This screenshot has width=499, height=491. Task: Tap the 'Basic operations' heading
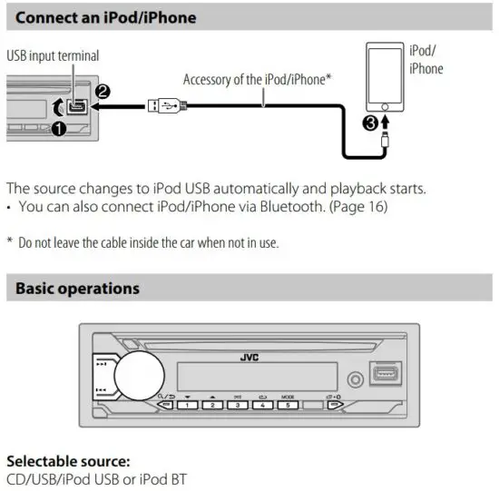coord(78,289)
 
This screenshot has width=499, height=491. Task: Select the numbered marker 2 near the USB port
coord(104,92)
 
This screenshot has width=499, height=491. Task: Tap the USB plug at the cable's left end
coord(167,105)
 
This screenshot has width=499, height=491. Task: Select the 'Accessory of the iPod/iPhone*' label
coord(258,80)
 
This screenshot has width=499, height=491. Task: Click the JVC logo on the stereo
coord(249,357)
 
